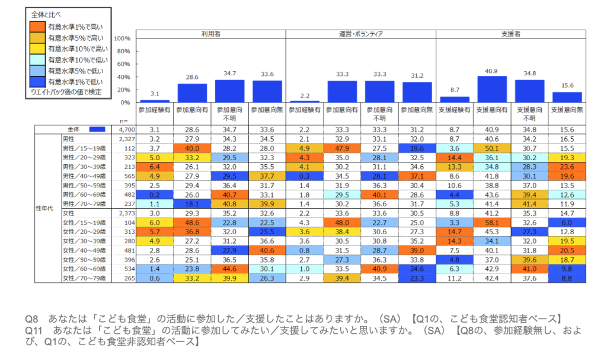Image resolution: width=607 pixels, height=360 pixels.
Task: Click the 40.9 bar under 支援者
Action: (x=492, y=89)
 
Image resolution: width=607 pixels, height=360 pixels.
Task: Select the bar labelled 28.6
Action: (x=193, y=93)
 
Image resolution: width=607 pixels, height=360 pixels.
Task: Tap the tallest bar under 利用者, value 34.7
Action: (x=230, y=91)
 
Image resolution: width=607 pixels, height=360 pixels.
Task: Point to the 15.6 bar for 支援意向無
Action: (x=567, y=97)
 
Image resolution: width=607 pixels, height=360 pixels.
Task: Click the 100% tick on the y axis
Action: (x=122, y=38)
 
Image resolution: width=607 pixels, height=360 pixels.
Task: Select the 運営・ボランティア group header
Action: (x=361, y=34)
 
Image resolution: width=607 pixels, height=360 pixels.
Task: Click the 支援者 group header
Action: (x=511, y=34)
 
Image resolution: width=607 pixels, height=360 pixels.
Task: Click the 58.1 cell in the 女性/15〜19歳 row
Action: (x=492, y=221)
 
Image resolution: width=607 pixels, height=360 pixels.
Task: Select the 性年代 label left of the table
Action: (x=47, y=207)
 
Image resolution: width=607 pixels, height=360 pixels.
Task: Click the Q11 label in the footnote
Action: (x=33, y=329)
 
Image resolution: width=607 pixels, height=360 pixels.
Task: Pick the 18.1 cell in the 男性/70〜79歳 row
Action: (x=193, y=203)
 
